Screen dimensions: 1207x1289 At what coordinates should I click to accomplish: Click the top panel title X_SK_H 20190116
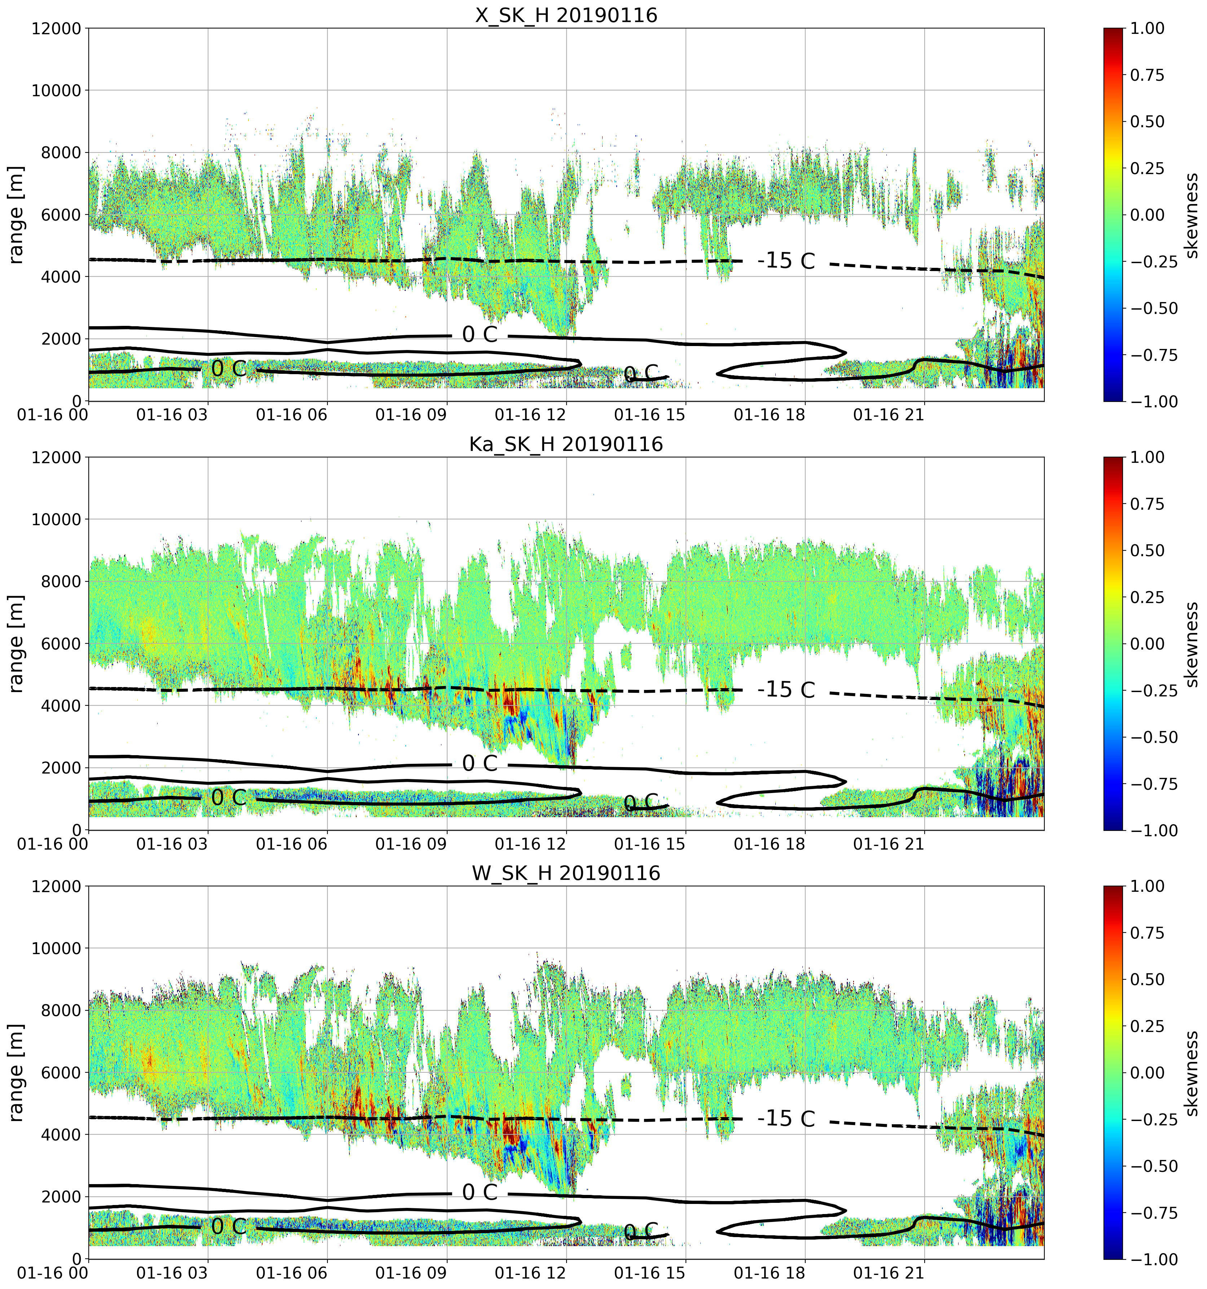[x=566, y=14]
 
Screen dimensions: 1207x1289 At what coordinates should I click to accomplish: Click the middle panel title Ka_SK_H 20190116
[x=566, y=444]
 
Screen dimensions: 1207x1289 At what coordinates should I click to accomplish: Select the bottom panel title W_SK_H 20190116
[x=566, y=873]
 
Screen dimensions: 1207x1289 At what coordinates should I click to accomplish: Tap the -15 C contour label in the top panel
[x=786, y=261]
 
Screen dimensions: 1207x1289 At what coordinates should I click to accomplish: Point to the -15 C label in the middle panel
[x=786, y=689]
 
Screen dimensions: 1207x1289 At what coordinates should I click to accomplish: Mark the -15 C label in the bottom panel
[x=786, y=1119]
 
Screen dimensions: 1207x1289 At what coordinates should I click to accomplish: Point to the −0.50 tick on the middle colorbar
[x=1154, y=737]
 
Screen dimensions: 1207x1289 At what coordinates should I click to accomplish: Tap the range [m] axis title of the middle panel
[x=16, y=644]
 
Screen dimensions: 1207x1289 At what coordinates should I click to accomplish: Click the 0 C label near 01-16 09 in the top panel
[x=480, y=335]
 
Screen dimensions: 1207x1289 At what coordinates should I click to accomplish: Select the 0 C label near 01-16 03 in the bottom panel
[x=229, y=1226]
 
